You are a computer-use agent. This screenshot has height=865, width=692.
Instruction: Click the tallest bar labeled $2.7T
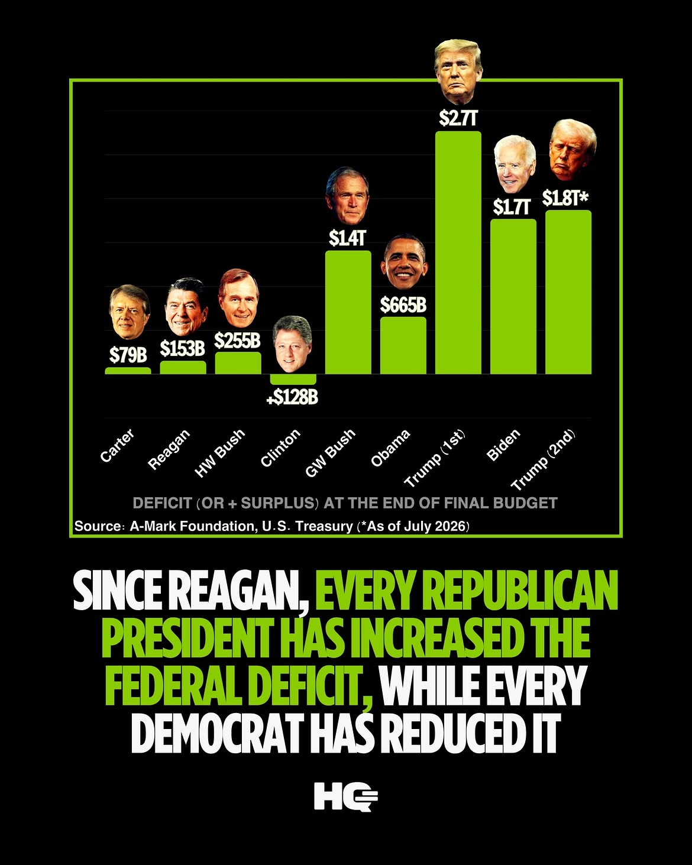pos(458,252)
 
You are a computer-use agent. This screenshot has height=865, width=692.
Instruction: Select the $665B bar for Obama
pos(403,345)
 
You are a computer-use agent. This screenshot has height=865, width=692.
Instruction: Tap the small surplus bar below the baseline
pos(293,379)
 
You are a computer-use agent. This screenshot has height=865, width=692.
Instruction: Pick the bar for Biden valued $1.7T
pos(513,296)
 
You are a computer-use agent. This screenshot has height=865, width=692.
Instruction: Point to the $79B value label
pos(128,355)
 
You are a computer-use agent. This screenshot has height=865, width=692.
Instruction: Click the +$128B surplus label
pos(292,397)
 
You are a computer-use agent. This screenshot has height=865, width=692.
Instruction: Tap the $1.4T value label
pos(347,238)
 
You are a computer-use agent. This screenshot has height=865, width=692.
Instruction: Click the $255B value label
pos(237,341)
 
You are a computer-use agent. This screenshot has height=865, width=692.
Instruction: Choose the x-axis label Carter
pos(117,445)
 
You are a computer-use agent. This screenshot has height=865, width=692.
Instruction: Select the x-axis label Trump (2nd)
pos(543,460)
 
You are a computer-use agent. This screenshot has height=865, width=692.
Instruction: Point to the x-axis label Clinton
pos(280,448)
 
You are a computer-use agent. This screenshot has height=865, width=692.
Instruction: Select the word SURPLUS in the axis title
pos(277,503)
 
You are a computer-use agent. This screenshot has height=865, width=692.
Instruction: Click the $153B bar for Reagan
pos(183,367)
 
